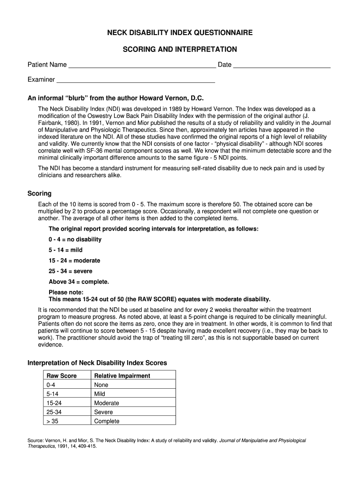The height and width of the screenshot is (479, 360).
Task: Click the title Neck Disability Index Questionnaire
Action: [180, 33]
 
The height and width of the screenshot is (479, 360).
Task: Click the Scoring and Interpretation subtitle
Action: [180, 49]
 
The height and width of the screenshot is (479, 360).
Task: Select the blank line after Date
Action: [281, 65]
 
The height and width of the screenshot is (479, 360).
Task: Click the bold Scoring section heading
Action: [40, 193]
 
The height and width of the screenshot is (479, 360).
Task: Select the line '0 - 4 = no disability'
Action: [75, 239]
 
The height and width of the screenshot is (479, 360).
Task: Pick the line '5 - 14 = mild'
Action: [65, 250]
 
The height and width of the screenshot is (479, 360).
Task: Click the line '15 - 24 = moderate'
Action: [74, 261]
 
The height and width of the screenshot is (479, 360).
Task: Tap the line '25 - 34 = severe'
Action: [71, 271]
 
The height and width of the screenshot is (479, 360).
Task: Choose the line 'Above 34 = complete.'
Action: [79, 282]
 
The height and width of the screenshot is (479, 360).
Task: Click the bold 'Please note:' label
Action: [65, 292]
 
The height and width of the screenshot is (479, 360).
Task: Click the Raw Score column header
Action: [62, 376]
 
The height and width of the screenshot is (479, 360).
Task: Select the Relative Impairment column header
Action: [122, 376]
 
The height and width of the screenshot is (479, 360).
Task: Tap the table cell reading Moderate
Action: [107, 403]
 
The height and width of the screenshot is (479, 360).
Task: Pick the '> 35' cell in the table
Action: [51, 421]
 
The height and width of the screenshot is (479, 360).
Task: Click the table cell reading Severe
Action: [103, 412]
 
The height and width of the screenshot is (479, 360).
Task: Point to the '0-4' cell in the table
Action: [51, 385]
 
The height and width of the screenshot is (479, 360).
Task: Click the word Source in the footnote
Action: [36, 441]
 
